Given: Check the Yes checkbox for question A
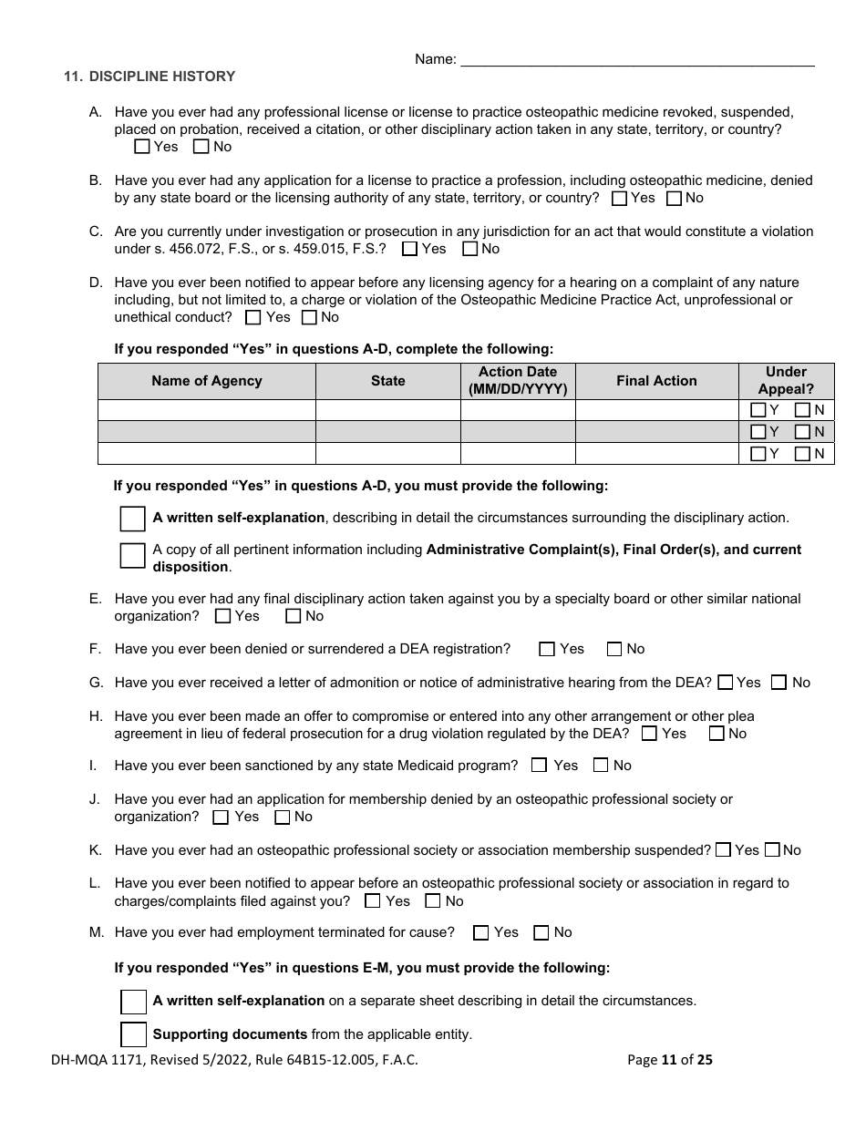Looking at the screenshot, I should click(x=142, y=146).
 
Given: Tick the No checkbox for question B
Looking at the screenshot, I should click(x=675, y=198).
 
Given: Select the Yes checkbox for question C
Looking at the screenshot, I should click(x=410, y=249).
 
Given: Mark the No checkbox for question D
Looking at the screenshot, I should click(x=309, y=317).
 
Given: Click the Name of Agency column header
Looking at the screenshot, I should click(x=207, y=381).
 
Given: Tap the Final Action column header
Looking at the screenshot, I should click(x=656, y=381).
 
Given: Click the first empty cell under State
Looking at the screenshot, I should click(x=387, y=410).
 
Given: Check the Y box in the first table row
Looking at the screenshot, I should click(x=758, y=410).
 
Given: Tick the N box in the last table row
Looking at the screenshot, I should click(x=802, y=454).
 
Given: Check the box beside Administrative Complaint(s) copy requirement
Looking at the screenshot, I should click(x=133, y=556).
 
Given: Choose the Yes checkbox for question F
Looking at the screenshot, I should click(x=547, y=649).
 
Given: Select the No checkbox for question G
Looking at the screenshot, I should click(x=779, y=682).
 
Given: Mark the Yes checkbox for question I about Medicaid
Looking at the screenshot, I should click(x=540, y=766).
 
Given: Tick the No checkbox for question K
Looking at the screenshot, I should click(x=772, y=849).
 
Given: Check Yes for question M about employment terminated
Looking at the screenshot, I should click(x=481, y=932).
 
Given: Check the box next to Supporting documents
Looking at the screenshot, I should click(x=133, y=1034).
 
